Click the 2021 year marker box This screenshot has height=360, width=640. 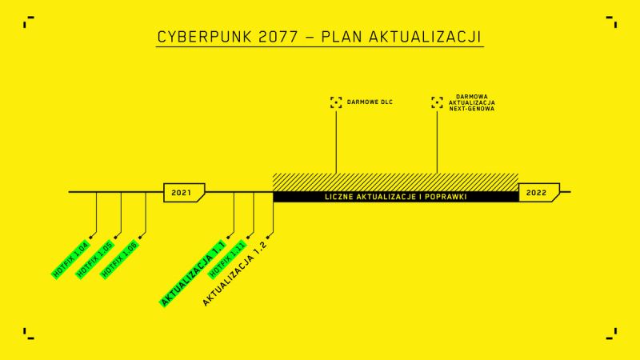[184, 193]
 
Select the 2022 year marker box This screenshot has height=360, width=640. [538, 193]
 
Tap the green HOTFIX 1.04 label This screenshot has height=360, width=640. [70, 259]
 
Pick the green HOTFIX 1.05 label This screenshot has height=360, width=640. [95, 259]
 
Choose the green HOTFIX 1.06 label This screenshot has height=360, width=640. [119, 259]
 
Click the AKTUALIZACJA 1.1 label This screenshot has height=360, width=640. [193, 274]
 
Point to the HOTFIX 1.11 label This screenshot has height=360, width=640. [227, 259]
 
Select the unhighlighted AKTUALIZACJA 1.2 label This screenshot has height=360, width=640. [234, 273]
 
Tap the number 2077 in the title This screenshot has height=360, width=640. [278, 37]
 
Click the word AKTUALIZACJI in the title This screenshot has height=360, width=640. [426, 37]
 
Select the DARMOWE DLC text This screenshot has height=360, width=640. [370, 102]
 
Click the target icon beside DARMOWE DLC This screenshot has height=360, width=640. [336, 102]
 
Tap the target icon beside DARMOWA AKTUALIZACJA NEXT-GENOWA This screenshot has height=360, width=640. [437, 102]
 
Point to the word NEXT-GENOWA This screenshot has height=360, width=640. [472, 109]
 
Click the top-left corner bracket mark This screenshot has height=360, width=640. [29, 22]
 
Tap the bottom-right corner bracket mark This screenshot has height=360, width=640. [611, 334]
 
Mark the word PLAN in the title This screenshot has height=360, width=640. [342, 37]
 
